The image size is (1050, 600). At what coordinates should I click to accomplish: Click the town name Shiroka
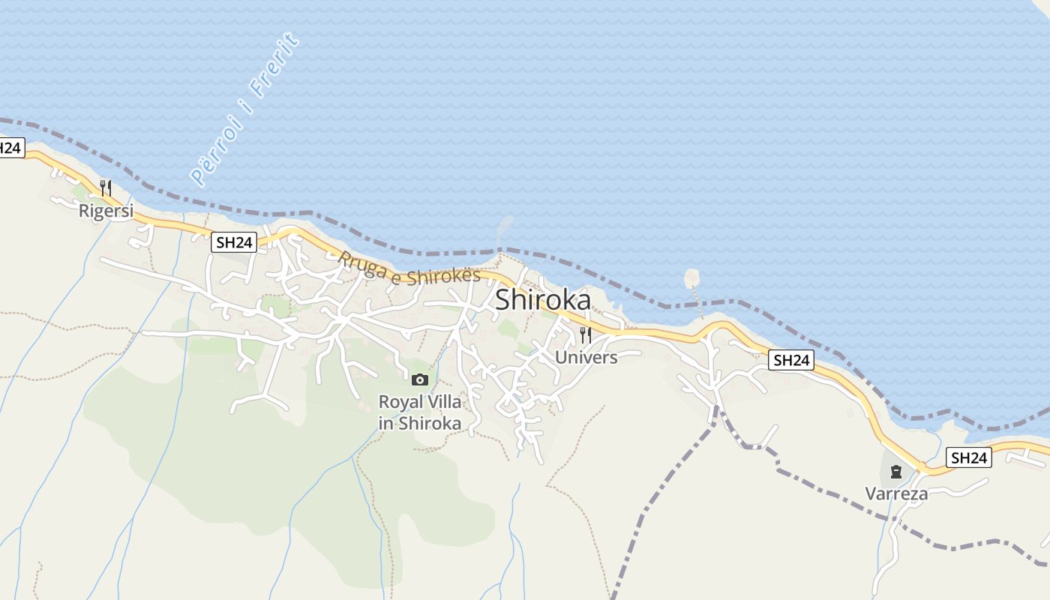pos(543,300)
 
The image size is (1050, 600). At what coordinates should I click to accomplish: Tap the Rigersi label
pos(106,211)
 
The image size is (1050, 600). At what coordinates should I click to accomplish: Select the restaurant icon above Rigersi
pos(106,187)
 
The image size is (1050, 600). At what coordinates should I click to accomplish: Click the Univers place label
pos(586,357)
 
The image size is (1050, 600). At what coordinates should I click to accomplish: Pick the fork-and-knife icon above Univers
pos(586,334)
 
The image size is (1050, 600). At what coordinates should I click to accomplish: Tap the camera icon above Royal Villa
pos(420,379)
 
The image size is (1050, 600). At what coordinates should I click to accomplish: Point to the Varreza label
pos(896,493)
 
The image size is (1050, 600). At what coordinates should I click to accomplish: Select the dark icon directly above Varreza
pos(895,472)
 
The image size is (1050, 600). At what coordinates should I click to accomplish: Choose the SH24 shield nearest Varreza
pos(968,457)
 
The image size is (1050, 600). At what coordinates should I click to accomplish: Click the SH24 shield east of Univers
pos(792,360)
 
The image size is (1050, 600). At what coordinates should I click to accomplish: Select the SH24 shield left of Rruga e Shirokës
pos(234,241)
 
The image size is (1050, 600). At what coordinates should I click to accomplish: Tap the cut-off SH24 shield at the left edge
pos(10,148)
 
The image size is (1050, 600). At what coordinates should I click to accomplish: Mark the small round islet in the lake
pos(691,279)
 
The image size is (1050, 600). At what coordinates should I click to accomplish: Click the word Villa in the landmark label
pos(443,402)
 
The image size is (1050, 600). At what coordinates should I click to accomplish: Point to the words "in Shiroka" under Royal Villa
pos(420,423)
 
